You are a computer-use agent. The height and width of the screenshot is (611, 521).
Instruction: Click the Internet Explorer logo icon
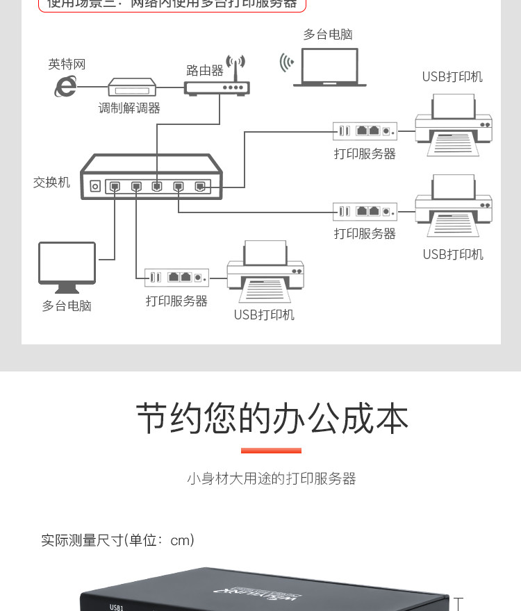[65, 87]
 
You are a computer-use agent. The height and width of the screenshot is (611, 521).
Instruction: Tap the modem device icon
[132, 87]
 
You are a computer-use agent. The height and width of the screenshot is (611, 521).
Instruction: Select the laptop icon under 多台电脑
[329, 69]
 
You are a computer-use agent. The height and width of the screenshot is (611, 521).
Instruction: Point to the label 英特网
[67, 65]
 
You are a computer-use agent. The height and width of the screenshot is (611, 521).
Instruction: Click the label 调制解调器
[129, 108]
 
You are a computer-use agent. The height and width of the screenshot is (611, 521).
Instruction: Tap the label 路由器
[205, 71]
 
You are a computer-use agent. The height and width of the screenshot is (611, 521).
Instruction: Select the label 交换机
[51, 183]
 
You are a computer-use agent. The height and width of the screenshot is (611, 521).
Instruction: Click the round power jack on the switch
[95, 186]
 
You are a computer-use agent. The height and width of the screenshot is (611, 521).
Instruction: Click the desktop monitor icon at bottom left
[67, 267]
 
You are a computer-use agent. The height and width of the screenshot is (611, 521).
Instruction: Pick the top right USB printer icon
[454, 125]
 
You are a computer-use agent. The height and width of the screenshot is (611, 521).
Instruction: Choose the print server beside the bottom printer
[176, 277]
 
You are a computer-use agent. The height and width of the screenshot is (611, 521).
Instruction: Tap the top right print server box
[365, 131]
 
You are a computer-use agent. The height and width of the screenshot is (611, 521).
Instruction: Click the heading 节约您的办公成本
[272, 419]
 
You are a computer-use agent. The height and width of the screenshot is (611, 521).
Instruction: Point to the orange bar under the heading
[271, 451]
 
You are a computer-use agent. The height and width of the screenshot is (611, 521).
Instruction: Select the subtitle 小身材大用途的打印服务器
[271, 478]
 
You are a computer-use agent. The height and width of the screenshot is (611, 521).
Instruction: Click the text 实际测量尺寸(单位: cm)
[117, 540]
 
